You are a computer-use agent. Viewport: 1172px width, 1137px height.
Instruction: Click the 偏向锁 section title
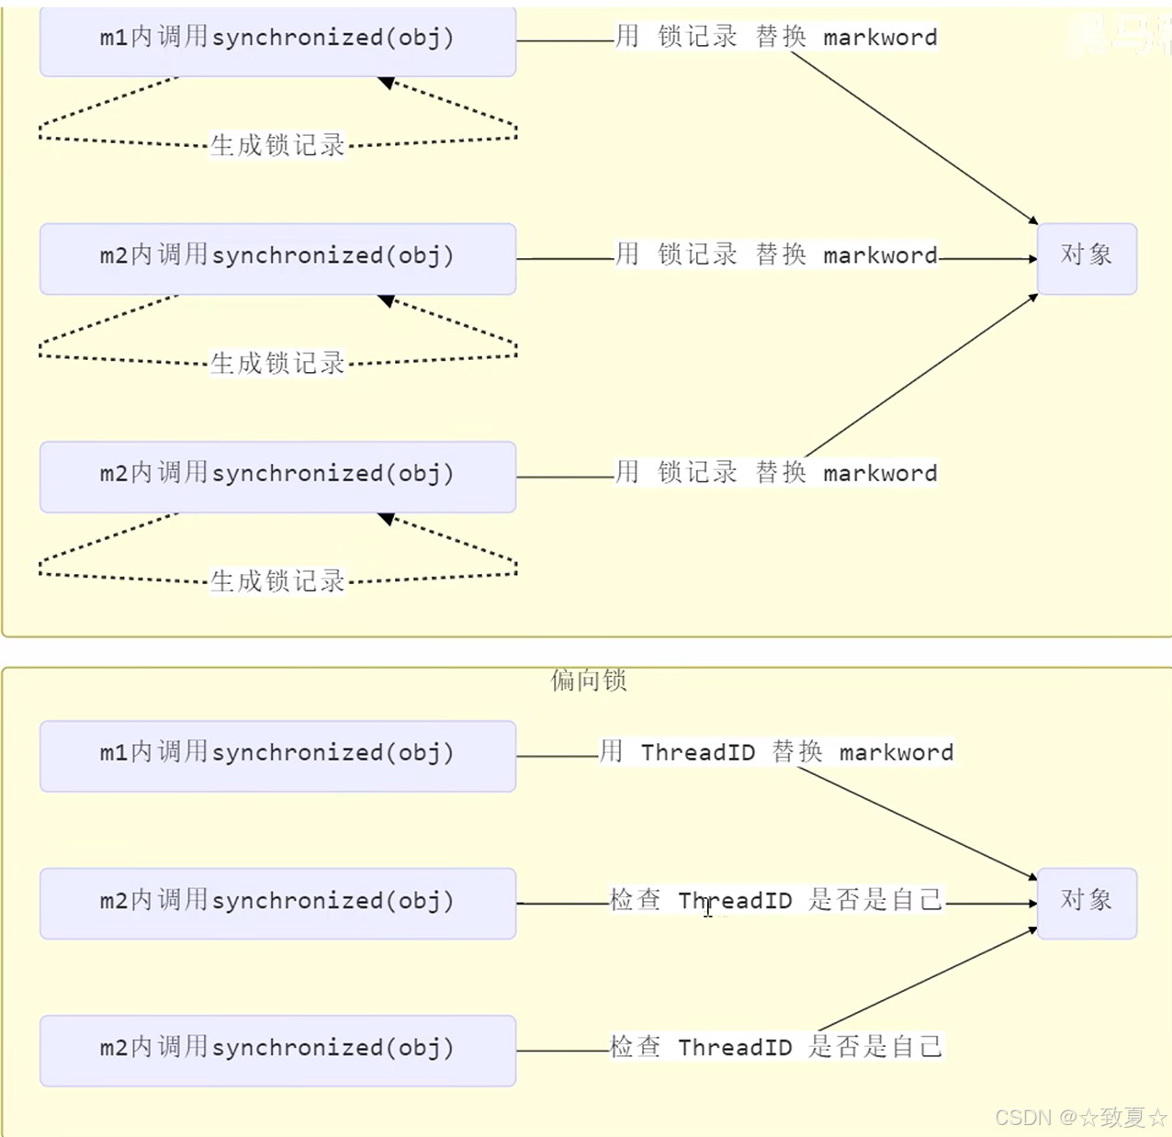[589, 681]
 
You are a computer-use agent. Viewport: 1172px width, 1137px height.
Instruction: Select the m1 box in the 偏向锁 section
[277, 756]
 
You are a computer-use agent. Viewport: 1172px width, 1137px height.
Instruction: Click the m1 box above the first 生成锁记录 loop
[277, 41]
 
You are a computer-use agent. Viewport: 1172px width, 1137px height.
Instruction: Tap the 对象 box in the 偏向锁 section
[1087, 903]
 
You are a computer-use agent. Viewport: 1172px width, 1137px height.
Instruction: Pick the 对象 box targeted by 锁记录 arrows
[1087, 258]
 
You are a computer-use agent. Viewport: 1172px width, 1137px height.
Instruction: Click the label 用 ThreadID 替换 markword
[776, 752]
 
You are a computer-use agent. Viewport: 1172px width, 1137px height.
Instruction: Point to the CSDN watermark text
[1080, 1118]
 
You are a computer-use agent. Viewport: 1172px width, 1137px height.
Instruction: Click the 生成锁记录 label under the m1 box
[277, 145]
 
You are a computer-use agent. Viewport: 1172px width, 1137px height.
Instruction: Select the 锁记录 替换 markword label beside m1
[776, 38]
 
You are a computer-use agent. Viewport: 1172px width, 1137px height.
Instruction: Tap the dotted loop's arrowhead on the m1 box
[386, 83]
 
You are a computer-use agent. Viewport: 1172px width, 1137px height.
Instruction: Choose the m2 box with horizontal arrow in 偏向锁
[277, 903]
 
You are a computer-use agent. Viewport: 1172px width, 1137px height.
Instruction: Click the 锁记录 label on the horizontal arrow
[776, 255]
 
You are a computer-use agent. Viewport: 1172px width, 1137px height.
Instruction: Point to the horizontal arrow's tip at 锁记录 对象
[1033, 259]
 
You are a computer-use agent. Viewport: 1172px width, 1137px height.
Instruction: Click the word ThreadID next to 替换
[698, 752]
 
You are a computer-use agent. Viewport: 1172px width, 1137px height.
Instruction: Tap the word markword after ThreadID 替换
[896, 752]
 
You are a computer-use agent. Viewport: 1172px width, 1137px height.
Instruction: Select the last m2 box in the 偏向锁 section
[277, 1051]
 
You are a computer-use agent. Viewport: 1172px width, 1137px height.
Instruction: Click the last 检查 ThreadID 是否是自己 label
[776, 1047]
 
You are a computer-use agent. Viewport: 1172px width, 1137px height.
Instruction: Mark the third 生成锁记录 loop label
[277, 581]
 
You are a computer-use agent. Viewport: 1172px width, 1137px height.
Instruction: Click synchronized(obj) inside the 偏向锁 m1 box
[332, 753]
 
